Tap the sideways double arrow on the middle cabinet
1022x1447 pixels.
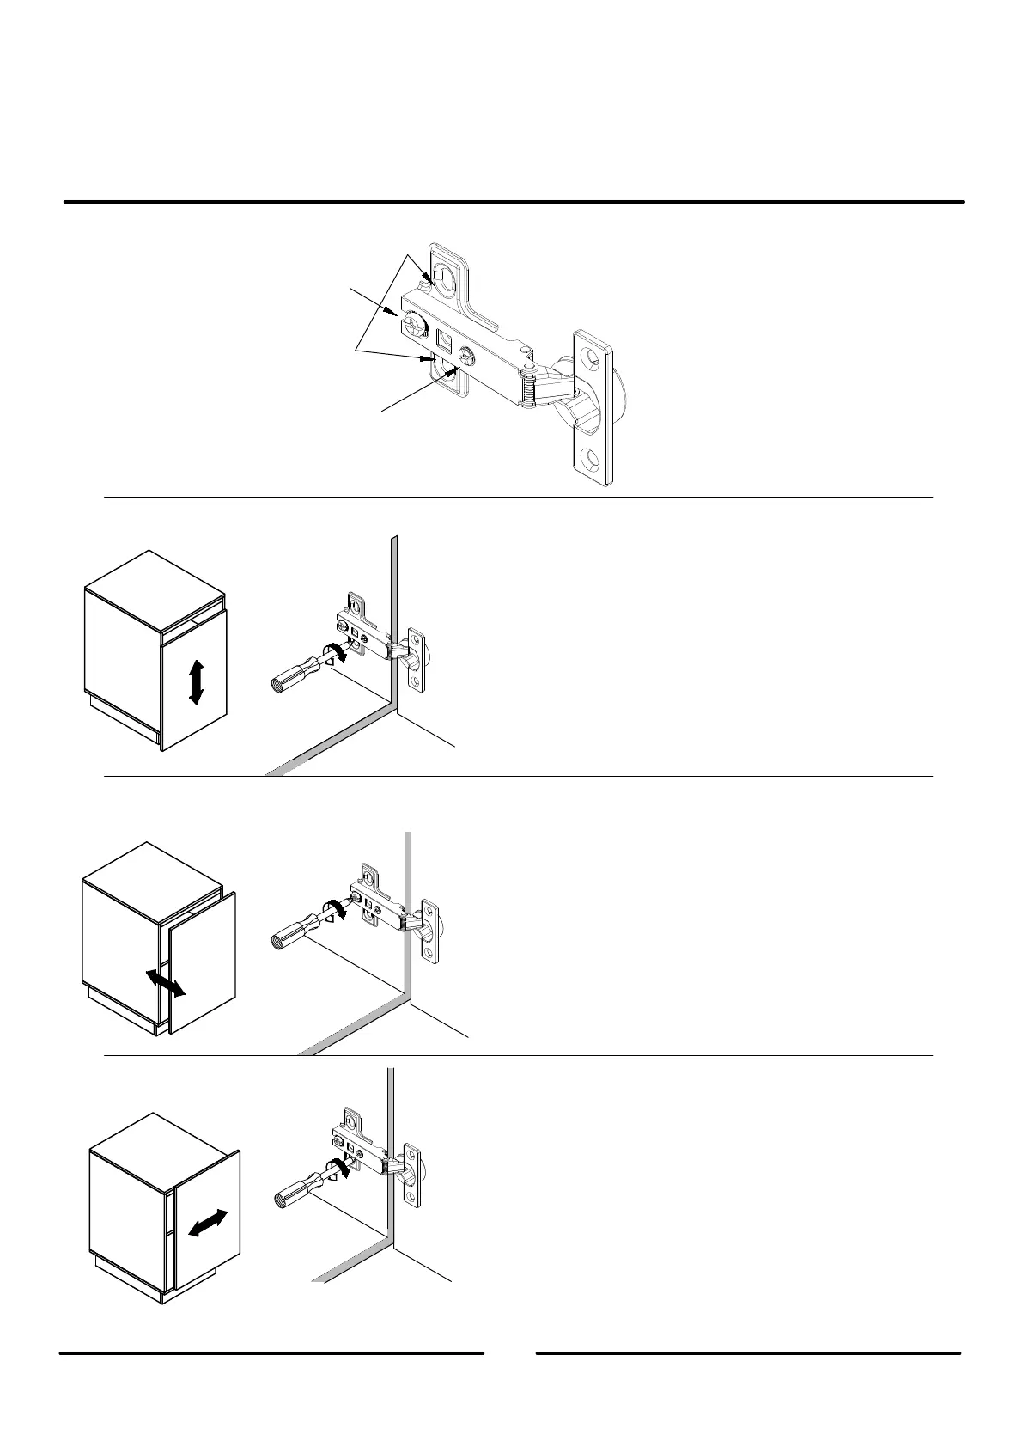pos(164,982)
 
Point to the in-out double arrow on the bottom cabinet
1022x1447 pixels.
pos(208,1223)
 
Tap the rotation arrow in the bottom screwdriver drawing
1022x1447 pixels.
pos(338,1169)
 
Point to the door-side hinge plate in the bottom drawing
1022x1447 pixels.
pos(413,1175)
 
